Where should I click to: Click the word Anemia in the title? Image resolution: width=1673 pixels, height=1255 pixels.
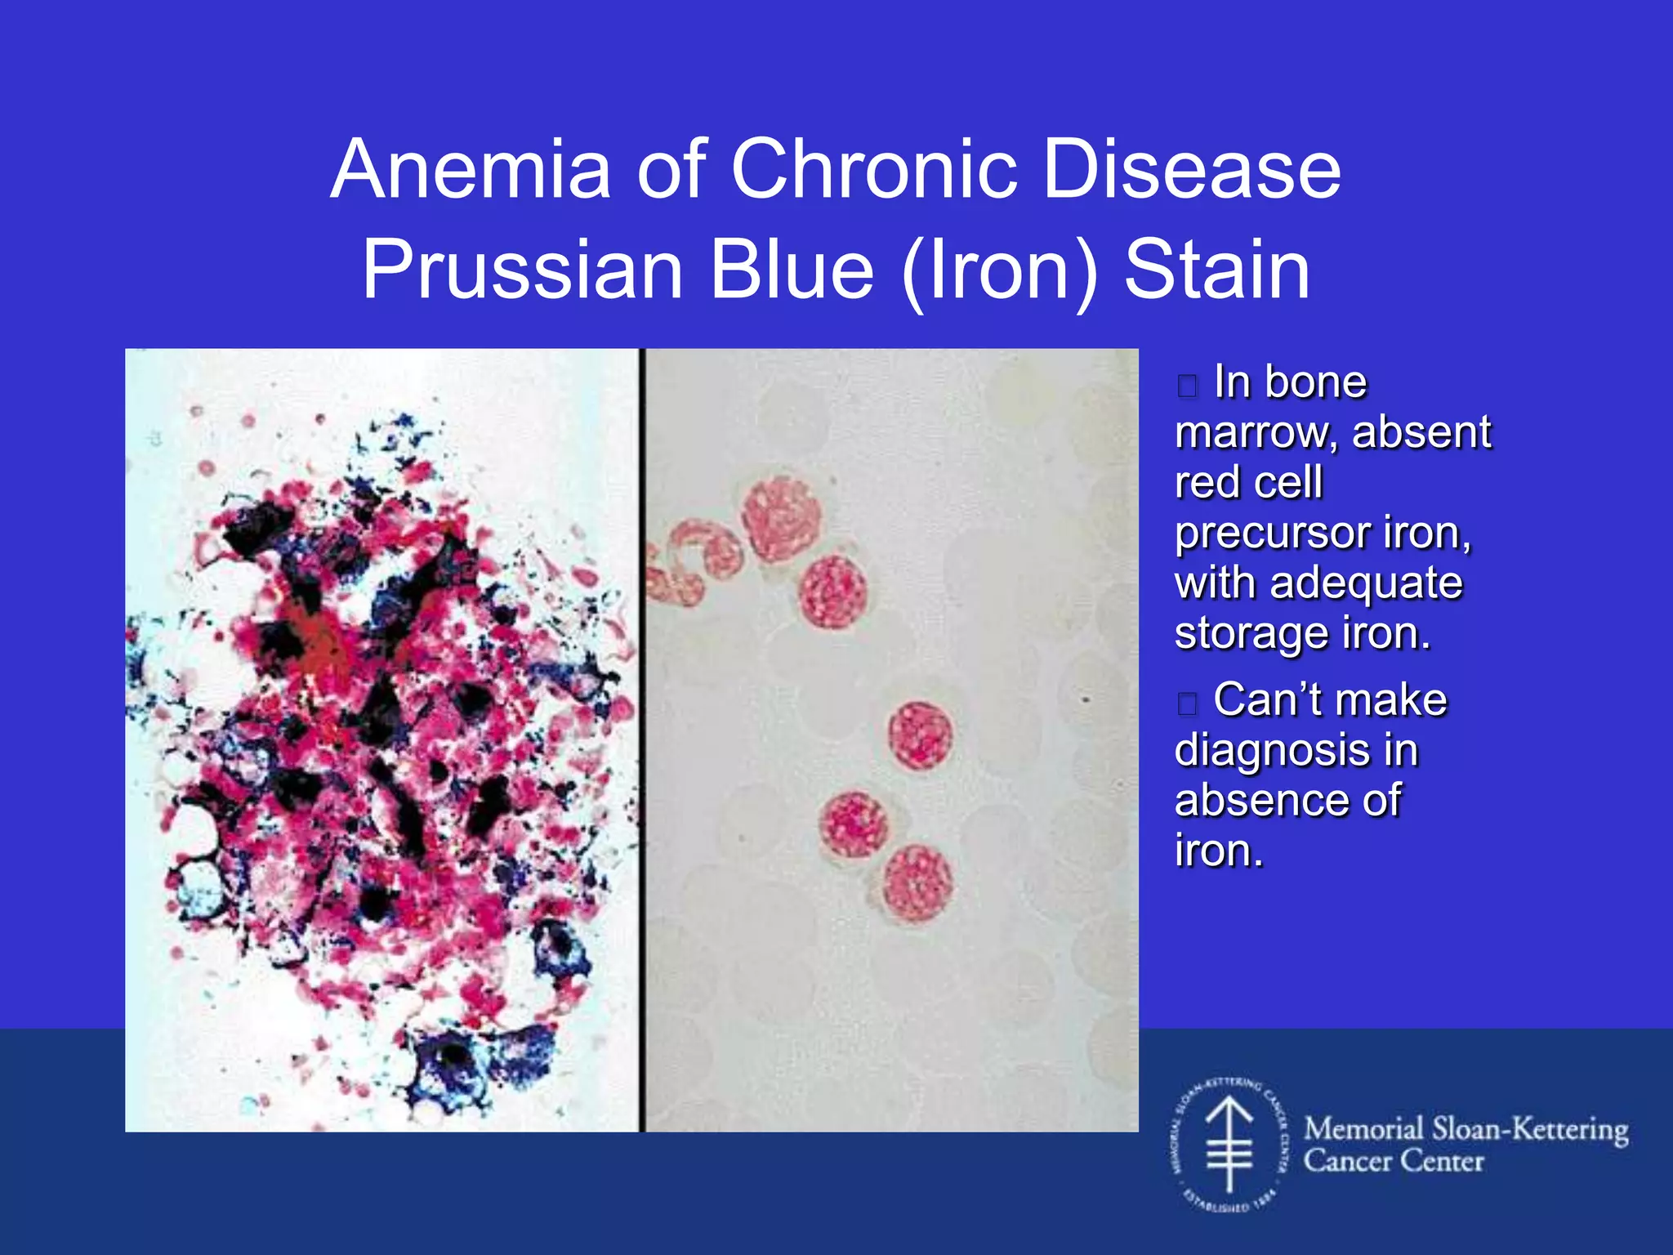click(x=471, y=170)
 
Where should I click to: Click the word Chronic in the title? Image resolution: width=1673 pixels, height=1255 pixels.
click(x=873, y=170)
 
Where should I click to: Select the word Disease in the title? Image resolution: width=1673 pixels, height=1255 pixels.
click(x=1192, y=170)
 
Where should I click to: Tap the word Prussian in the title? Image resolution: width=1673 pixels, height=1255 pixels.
click(x=523, y=270)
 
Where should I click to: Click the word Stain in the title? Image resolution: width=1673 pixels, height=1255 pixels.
click(x=1217, y=270)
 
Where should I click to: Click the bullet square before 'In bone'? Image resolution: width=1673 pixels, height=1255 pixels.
click(x=1188, y=386)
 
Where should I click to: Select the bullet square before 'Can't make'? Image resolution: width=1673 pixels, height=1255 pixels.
click(x=1188, y=703)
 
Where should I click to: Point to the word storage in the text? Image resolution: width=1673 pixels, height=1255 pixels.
click(x=1250, y=635)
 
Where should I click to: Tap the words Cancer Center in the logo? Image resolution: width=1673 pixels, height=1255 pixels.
click(x=1393, y=1161)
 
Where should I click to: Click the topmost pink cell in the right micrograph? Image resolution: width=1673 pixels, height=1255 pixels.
click(x=780, y=519)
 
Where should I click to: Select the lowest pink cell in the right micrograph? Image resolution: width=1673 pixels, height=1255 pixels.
click(x=917, y=882)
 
